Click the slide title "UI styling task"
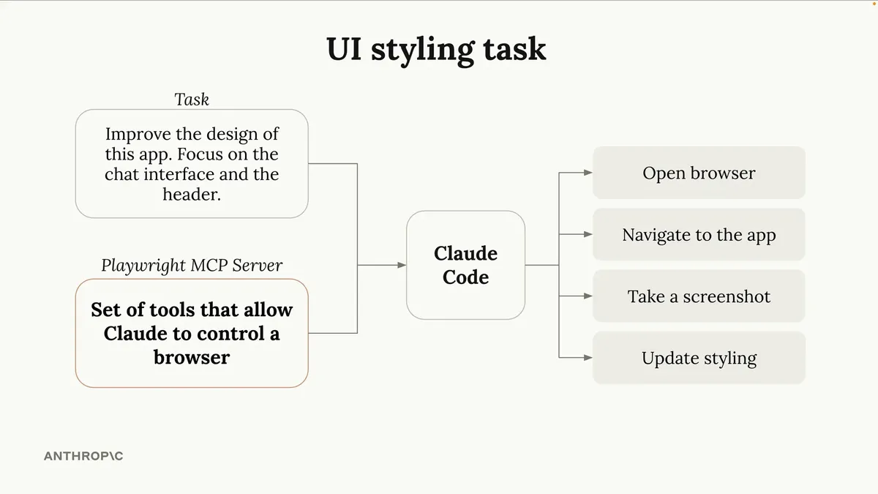coord(436,48)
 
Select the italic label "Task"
coord(192,99)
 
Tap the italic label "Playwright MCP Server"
coord(192,265)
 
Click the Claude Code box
coord(465,265)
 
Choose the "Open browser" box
coord(699,173)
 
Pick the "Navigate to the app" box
coord(699,235)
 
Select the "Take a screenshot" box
coord(699,296)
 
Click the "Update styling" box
coord(699,358)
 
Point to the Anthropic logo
coord(83,456)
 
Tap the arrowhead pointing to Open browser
coord(588,173)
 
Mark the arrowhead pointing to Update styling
coord(588,358)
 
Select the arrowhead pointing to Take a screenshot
coord(588,296)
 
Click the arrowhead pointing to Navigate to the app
coord(588,235)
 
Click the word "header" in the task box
coord(190,195)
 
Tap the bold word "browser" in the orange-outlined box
coord(192,357)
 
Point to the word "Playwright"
coord(143,265)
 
